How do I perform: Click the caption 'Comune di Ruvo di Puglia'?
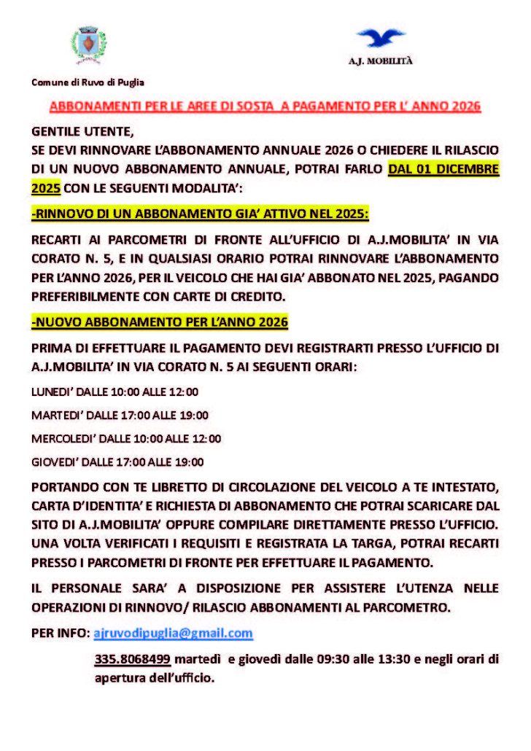[87, 82]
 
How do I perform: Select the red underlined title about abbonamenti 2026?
[265, 106]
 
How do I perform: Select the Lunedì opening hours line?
[115, 392]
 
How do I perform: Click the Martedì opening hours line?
[120, 415]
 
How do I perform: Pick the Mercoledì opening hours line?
[126, 438]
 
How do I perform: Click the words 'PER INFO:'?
[60, 633]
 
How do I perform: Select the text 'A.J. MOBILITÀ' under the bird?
[380, 61]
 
